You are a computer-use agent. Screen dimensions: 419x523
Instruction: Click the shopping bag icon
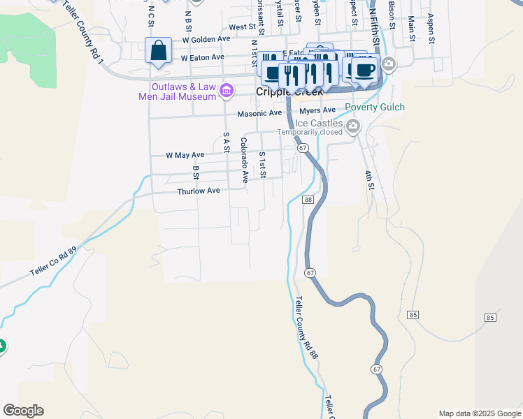tap(159, 51)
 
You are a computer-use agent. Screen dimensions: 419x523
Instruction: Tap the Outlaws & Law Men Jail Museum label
tap(178, 91)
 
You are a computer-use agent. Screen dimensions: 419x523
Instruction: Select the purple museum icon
tap(226, 90)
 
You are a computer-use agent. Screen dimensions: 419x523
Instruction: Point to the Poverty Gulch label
tap(374, 108)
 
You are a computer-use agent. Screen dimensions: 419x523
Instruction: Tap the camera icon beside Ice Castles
tap(353, 126)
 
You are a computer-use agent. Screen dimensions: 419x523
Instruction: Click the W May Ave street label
tap(185, 155)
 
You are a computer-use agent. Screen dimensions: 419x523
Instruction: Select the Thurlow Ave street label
tap(199, 191)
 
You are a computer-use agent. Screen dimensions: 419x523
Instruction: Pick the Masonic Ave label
tap(259, 113)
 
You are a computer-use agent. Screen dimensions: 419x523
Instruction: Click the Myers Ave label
tap(317, 110)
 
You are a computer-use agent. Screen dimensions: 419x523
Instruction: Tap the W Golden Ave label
tap(206, 39)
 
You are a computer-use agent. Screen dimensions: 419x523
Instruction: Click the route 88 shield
tap(308, 200)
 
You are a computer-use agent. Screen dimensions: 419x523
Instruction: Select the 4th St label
tap(369, 179)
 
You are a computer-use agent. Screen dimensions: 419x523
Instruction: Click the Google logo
tap(23, 411)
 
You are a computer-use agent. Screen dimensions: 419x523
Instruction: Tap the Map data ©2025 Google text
tap(479, 413)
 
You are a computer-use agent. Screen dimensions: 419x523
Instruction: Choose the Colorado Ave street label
tap(244, 160)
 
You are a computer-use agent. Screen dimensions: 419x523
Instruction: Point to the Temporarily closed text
tap(310, 132)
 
